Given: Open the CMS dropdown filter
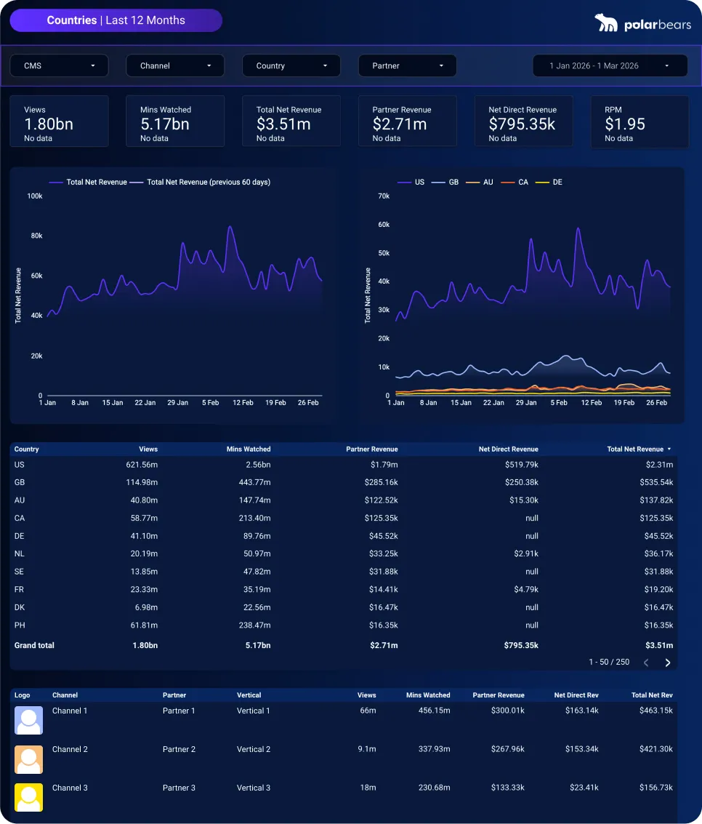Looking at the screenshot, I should coord(59,65).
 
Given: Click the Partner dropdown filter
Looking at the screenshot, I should coord(407,65).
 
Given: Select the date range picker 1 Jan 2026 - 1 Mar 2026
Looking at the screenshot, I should coord(610,65).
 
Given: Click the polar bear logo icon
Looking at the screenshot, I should coord(606,23).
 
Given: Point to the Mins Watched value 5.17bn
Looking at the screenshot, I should coord(165,124).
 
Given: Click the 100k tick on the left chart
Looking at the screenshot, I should coord(35,196).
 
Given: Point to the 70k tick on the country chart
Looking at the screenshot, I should coord(384,196).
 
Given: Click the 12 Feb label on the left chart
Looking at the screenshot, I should coord(243,402).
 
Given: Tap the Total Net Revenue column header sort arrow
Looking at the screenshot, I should coord(669,449).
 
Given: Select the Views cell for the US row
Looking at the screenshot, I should coord(142,465).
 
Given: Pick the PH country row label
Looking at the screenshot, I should coord(19,625).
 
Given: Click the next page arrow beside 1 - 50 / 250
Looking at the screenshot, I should coord(667,663).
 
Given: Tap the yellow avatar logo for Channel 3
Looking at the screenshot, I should coord(29,797).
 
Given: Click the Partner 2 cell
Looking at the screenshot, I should coord(179,749).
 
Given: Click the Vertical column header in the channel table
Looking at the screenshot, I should coord(249,695).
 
